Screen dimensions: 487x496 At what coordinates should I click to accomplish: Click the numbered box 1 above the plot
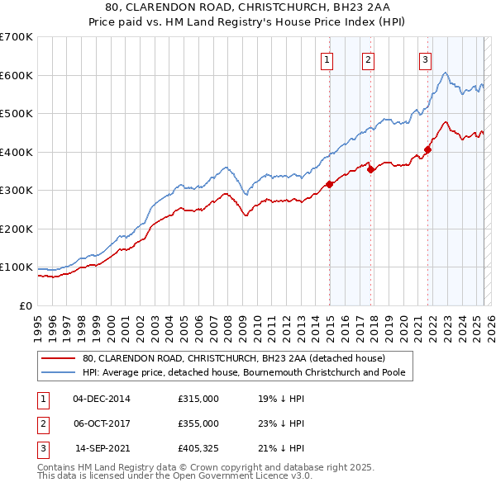(327, 59)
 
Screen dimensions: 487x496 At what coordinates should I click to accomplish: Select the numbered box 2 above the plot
(368, 59)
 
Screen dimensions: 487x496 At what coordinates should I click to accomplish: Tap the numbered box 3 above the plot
(425, 59)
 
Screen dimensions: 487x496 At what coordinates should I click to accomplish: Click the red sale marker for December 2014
(329, 184)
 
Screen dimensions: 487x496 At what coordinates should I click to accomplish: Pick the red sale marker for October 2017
(370, 169)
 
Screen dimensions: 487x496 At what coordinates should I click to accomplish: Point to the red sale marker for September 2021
(428, 149)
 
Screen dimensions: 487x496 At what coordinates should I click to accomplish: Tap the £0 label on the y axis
(25, 305)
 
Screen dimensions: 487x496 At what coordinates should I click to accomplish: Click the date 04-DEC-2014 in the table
(102, 399)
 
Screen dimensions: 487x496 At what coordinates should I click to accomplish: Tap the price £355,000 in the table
(198, 423)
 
